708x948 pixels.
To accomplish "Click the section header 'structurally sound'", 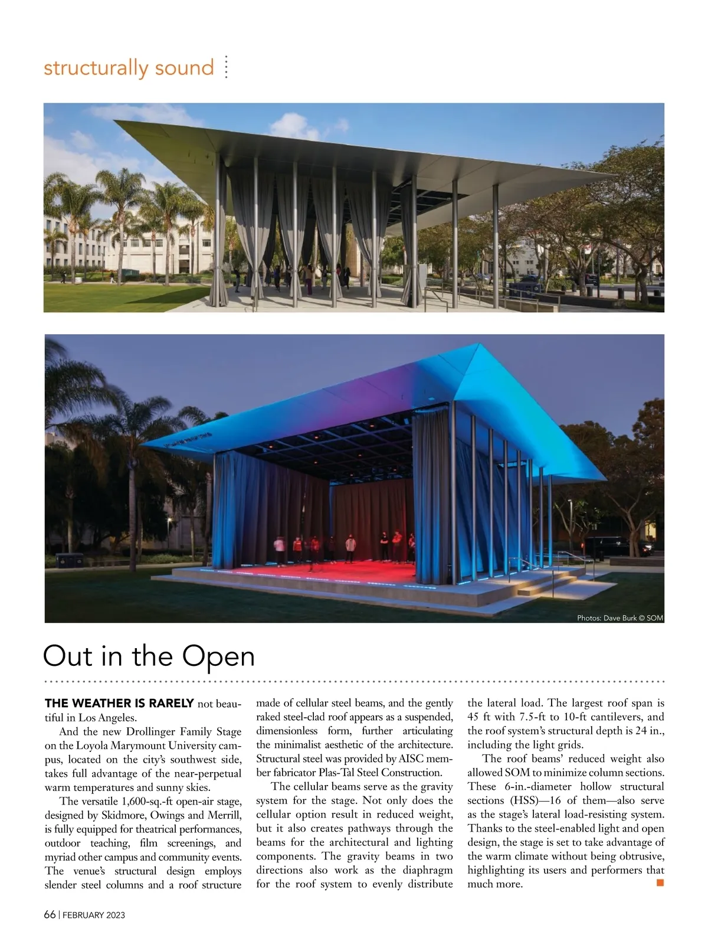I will point(128,68).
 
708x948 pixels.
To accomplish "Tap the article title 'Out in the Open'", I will point(149,656).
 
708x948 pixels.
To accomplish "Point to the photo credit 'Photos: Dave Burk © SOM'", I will point(619,618).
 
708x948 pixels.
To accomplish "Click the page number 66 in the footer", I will point(50,915).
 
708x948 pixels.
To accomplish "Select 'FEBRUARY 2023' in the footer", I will point(94,916).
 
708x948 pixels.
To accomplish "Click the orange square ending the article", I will point(660,883).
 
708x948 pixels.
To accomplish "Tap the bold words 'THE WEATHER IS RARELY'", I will point(119,703).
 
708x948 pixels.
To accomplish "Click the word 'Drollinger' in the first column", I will point(150,731).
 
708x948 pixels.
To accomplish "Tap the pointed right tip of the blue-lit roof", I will point(606,479).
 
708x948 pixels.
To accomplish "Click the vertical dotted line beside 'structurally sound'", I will point(226,68).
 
